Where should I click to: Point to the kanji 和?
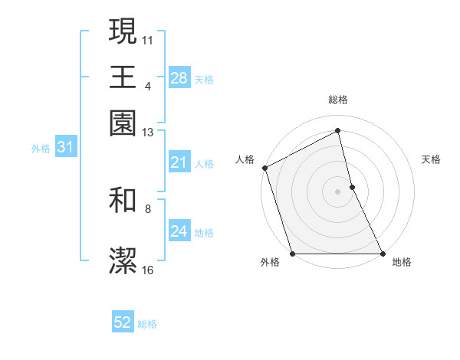(x=123, y=201)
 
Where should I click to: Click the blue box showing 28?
(x=179, y=77)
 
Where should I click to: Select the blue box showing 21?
(x=179, y=162)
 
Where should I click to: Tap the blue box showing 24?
(x=179, y=231)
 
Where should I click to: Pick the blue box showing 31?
(x=64, y=148)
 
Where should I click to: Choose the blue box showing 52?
(x=123, y=322)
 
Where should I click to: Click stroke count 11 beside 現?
(x=148, y=38)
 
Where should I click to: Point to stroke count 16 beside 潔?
(x=148, y=270)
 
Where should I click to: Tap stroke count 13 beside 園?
(x=148, y=133)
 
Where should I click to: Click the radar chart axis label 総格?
(x=338, y=100)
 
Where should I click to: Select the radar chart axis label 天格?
(x=431, y=159)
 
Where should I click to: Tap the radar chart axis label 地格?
(x=402, y=263)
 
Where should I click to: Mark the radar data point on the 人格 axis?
(x=264, y=168)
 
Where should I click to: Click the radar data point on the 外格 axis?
(x=293, y=254)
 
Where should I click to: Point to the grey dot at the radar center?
(x=338, y=191)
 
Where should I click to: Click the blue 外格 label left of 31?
(x=41, y=149)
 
